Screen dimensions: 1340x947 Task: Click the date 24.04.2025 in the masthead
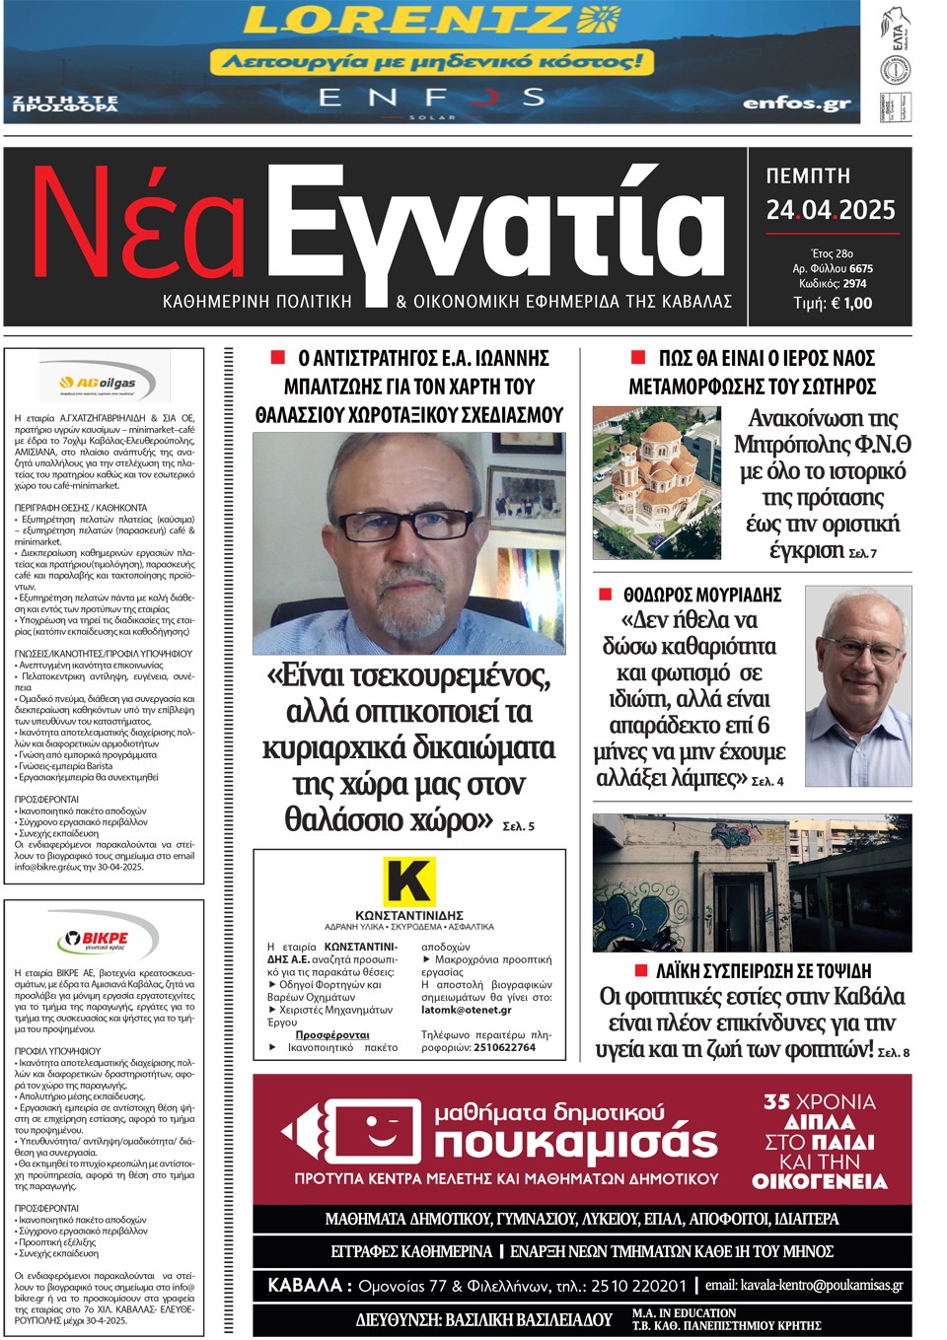(x=831, y=210)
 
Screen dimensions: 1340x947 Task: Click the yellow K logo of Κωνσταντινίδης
(x=408, y=881)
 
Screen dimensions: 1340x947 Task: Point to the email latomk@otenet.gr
(x=467, y=1010)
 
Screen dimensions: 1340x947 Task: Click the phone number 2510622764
(x=504, y=1047)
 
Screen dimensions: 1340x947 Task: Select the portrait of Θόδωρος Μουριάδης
(x=857, y=687)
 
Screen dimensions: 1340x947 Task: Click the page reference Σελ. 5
(x=519, y=826)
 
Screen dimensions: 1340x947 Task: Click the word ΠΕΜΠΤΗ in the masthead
(x=808, y=176)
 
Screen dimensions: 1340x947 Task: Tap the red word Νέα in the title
(x=138, y=224)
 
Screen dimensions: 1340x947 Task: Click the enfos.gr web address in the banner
(x=796, y=104)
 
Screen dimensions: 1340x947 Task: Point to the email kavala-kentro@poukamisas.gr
(x=804, y=1285)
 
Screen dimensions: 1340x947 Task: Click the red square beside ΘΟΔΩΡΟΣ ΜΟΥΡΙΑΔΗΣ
(x=606, y=594)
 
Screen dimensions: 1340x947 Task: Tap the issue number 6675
(x=860, y=268)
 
